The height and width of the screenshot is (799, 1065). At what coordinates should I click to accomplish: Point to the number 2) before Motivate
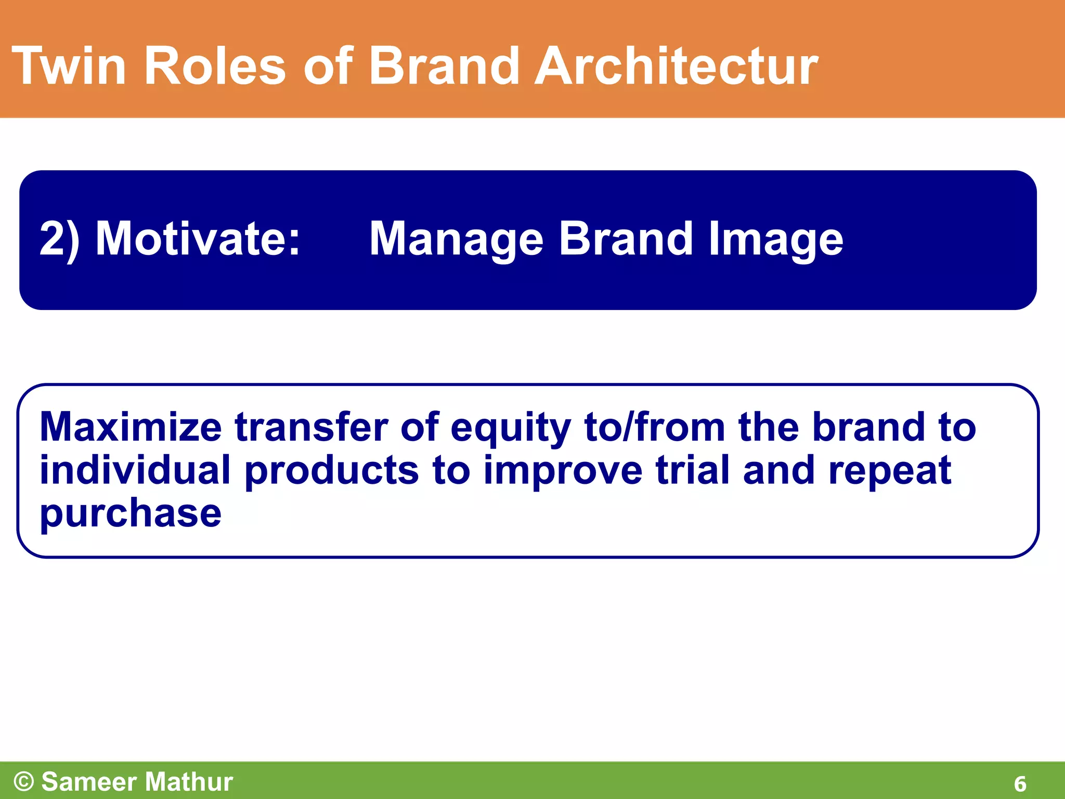[59, 239]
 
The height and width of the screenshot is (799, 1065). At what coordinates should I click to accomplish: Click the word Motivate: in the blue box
[198, 239]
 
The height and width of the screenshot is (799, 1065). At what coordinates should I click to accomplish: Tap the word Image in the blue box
[775, 240]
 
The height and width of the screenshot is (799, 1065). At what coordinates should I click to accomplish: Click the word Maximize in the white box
[131, 427]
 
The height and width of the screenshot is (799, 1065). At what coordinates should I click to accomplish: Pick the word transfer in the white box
[311, 427]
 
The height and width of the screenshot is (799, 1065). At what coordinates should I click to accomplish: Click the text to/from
[654, 427]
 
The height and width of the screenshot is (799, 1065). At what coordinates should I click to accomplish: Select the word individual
[135, 470]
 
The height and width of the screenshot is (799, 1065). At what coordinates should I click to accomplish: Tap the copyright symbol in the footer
[24, 781]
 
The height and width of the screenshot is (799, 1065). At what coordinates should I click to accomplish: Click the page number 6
[1020, 784]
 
